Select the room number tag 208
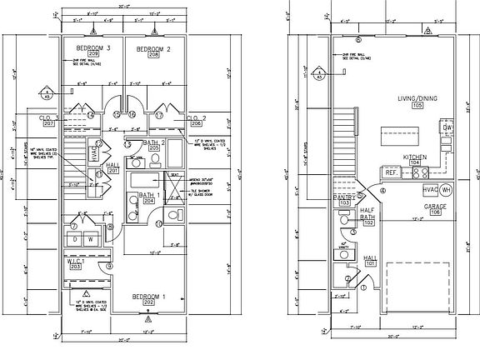click(154, 57)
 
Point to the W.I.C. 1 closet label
click(80, 260)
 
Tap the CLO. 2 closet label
click(197, 117)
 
